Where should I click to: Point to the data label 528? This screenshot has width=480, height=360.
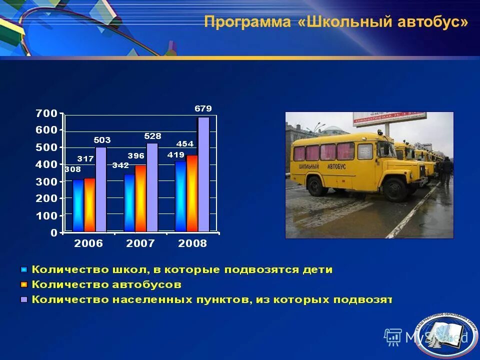(152, 136)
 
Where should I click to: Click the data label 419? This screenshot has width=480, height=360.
(176, 155)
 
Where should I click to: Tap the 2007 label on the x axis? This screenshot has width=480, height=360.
(140, 243)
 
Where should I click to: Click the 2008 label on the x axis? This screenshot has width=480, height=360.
(192, 243)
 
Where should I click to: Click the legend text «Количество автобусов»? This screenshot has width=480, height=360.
(106, 285)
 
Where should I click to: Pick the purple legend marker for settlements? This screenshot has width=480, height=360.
(23, 300)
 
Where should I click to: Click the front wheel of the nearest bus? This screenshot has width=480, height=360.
(395, 189)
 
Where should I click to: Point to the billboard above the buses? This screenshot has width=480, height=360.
(390, 116)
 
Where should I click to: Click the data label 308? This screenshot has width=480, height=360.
(72, 169)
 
